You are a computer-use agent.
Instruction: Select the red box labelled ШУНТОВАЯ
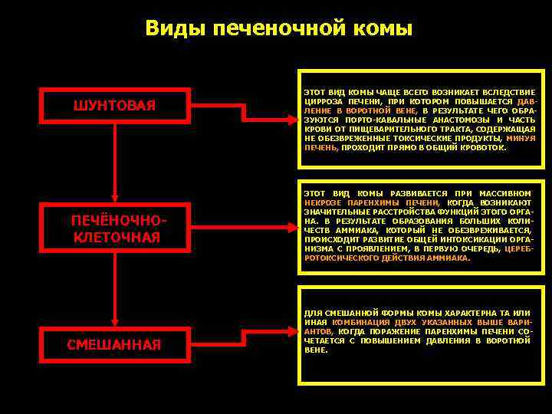pyautogui.click(x=114, y=104)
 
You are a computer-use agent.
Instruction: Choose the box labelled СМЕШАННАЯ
pyautogui.click(x=114, y=345)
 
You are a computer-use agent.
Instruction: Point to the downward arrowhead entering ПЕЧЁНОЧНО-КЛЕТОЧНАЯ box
pyautogui.click(x=114, y=200)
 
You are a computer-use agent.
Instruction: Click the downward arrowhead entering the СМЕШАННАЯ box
pyautogui.click(x=114, y=321)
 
